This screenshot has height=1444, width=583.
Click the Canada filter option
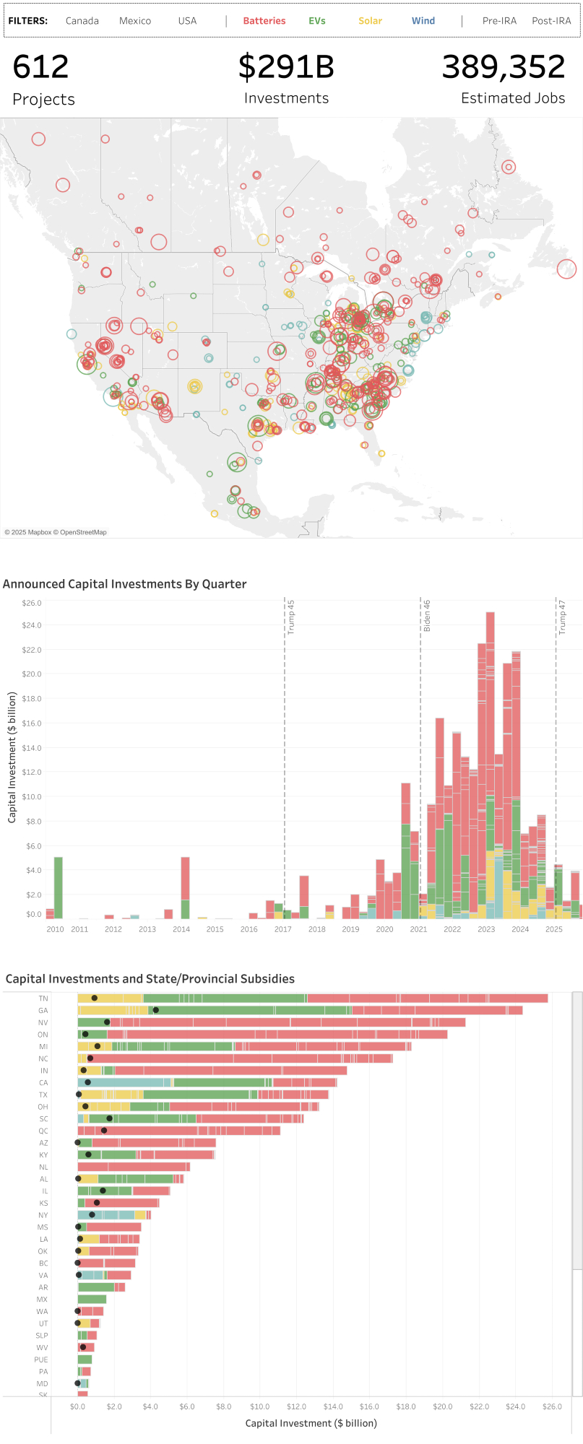click(82, 21)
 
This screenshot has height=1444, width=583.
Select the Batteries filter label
click(264, 21)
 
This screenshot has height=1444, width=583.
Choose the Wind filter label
click(423, 21)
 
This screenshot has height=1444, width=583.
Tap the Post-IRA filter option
click(551, 21)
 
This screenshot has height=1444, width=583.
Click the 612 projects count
click(41, 67)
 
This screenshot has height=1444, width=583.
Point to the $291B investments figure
click(286, 67)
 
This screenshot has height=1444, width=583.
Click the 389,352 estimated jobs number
click(504, 67)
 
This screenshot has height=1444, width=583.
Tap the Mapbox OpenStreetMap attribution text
click(56, 532)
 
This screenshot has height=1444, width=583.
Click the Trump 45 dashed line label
click(291, 617)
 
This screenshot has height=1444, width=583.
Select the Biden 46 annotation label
click(427, 616)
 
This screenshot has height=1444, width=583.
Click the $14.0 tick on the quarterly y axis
click(33, 747)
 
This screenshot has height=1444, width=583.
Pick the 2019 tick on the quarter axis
click(351, 929)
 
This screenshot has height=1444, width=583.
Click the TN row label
click(43, 999)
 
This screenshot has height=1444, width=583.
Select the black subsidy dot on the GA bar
click(156, 1010)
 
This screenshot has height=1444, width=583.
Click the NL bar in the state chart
click(134, 1167)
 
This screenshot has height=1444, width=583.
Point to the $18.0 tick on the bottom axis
click(406, 1406)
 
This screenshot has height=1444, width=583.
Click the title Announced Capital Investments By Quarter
click(125, 584)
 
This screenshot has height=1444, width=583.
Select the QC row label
click(43, 1131)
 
